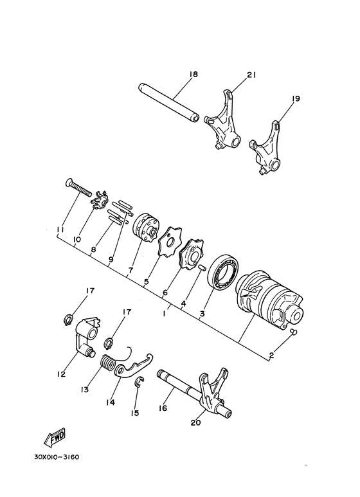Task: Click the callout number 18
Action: (x=194, y=75)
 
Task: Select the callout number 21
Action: (x=251, y=75)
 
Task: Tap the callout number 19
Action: (x=295, y=99)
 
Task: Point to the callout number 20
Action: (x=195, y=422)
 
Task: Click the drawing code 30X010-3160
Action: (x=57, y=458)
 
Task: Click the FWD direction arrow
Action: (x=55, y=436)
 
